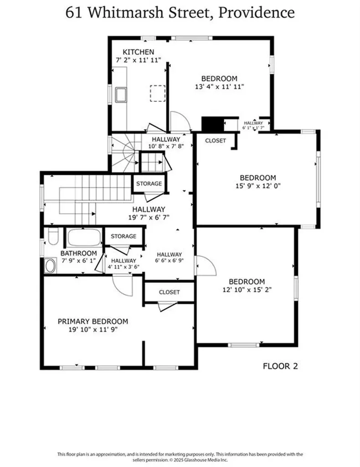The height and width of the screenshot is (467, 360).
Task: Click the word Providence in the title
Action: [x=257, y=12]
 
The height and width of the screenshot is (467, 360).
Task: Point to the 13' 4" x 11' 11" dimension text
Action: [x=219, y=86]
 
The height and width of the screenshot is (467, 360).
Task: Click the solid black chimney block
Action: [x=211, y=124]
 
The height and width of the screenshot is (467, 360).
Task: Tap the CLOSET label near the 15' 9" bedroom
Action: [x=215, y=141]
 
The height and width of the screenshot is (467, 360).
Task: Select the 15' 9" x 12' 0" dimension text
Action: [x=258, y=186]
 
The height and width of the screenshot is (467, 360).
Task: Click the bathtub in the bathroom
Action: [x=84, y=238]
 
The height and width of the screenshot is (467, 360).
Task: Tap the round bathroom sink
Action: [x=50, y=266]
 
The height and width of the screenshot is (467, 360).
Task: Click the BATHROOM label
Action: [x=79, y=254]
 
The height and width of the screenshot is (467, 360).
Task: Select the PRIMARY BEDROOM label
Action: [x=93, y=322]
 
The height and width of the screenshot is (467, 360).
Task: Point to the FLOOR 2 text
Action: [x=281, y=365]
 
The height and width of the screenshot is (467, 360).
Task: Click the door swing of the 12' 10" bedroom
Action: [x=205, y=265]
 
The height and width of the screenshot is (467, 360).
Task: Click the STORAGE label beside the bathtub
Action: [x=123, y=236]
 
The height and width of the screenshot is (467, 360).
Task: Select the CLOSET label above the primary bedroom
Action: [x=169, y=292]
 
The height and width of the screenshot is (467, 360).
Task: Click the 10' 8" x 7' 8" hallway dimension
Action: [x=166, y=146]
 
